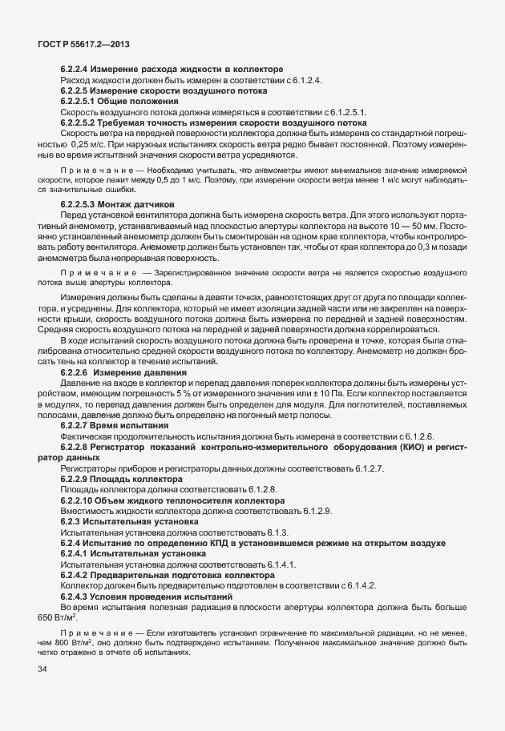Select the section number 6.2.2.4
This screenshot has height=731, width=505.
pos(79,70)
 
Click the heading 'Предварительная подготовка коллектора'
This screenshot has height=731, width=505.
pos(184,574)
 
